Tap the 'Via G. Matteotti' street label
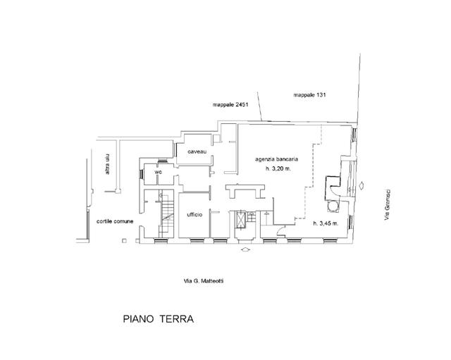coord(204,280)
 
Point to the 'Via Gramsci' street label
coord(387,207)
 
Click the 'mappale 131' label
coord(309,94)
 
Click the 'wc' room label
coord(159,172)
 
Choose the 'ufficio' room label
coord(195,214)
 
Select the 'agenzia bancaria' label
coord(277,160)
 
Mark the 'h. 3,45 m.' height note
coord(326,223)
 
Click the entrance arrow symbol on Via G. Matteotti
coord(245,249)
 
